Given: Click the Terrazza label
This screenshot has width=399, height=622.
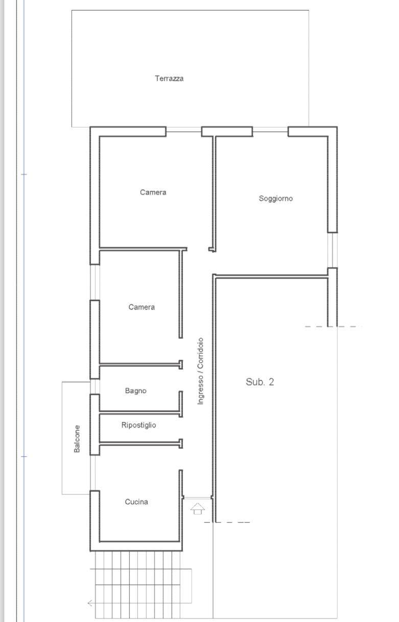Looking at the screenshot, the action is [169, 79].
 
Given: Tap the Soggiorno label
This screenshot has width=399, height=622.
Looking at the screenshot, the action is [276, 199].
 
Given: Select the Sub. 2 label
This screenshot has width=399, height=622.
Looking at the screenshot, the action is [260, 382].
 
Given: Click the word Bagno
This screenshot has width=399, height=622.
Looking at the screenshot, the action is [135, 391].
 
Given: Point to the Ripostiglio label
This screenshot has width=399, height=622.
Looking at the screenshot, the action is [138, 425].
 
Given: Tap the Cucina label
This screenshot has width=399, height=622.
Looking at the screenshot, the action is [136, 502].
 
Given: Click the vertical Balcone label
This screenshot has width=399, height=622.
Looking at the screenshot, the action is [77, 439].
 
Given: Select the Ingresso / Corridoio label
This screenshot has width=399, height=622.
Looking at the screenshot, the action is [200, 371].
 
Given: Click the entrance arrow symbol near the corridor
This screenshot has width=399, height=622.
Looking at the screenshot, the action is [198, 509].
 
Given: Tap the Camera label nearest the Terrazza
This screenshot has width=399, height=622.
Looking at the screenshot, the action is [153, 193].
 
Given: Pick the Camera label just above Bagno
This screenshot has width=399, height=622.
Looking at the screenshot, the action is [142, 307].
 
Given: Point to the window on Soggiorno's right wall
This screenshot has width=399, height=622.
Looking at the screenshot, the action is [332, 250].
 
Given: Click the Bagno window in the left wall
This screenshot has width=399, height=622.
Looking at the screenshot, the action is [95, 387].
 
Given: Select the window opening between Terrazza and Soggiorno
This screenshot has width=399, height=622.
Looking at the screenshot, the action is [270, 129].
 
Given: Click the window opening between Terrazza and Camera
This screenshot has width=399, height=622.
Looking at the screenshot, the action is [183, 129].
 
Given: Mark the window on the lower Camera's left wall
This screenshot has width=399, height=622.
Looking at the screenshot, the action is [95, 282].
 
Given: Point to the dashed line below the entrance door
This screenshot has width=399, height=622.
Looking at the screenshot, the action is [227, 522].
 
